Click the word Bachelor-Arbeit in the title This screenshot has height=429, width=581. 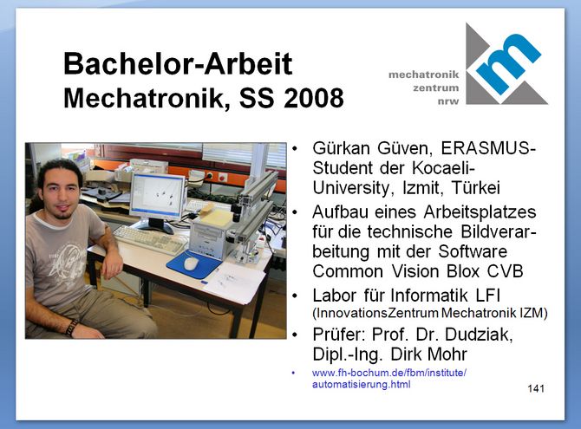(x=178, y=64)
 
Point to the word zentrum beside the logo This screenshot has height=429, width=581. (x=435, y=88)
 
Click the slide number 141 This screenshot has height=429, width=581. (x=536, y=388)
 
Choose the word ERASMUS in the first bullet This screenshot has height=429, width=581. (x=486, y=148)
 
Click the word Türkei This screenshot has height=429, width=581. (x=476, y=187)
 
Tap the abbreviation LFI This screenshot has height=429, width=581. (x=487, y=296)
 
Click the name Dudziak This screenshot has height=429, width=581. (x=479, y=335)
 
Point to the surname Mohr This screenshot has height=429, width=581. (x=447, y=354)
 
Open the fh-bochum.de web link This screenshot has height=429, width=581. (x=389, y=378)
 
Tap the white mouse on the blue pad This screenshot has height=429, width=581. (x=191, y=263)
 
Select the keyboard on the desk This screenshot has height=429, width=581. (x=150, y=239)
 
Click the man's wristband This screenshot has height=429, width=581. (x=71, y=327)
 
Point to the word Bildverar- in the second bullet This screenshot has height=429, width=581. (x=499, y=232)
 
